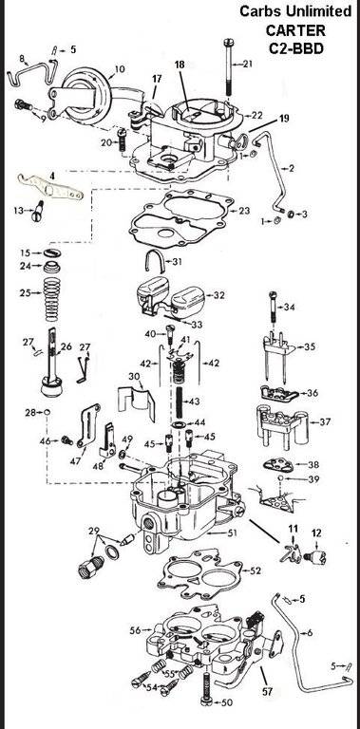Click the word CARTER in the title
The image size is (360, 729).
(x=295, y=30)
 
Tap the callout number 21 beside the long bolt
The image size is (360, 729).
(x=247, y=64)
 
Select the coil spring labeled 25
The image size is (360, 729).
(x=51, y=299)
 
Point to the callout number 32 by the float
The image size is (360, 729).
(x=218, y=295)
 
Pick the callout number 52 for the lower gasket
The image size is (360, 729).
(x=256, y=570)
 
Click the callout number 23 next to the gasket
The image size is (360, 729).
(x=244, y=211)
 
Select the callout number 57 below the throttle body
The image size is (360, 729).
(x=267, y=691)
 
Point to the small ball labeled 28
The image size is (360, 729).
(x=47, y=412)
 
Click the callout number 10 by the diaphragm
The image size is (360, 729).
(x=120, y=69)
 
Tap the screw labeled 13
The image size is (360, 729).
(x=37, y=211)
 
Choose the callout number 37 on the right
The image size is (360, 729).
(x=325, y=422)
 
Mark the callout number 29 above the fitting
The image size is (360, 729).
(x=94, y=531)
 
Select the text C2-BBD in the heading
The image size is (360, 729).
(x=295, y=48)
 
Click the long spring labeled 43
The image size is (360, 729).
(x=180, y=401)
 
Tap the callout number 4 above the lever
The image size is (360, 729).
(x=52, y=177)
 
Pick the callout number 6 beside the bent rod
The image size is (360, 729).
(x=310, y=633)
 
